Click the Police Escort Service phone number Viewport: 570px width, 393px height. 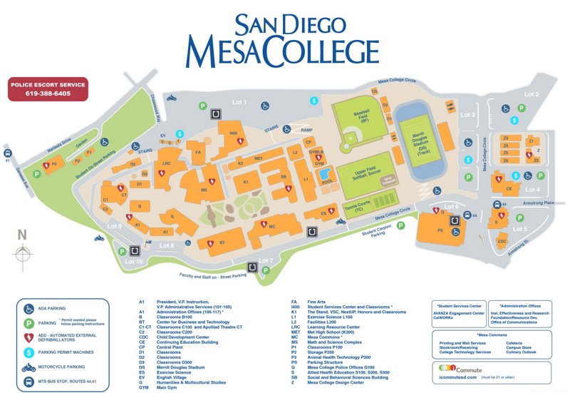tap(48, 93)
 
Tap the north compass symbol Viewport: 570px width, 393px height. tap(23, 252)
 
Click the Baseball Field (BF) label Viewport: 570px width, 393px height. tap(362, 116)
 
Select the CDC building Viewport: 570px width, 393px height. tap(502, 241)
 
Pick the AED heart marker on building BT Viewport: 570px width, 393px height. tap(210, 243)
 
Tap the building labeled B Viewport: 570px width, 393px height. tap(139, 206)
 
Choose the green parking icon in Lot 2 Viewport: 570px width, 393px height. tap(522, 108)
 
